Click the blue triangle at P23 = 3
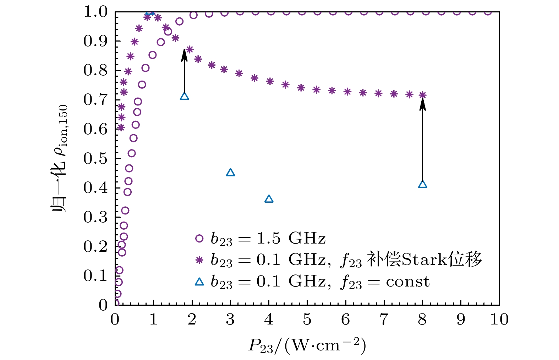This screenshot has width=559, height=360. click(230, 173)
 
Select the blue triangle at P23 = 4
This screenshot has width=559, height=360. click(269, 199)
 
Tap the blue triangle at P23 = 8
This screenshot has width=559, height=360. click(422, 184)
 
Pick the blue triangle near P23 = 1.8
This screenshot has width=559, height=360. click(184, 96)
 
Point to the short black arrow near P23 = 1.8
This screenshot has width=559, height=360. click(184, 71)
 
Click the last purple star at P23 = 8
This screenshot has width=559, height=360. click(422, 95)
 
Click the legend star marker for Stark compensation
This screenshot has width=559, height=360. click(199, 260)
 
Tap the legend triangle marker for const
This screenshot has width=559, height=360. click(199, 282)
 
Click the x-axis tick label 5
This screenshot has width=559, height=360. click(307, 320)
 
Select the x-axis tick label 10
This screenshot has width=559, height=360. click(499, 320)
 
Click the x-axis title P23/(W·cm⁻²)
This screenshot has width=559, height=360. click(307, 345)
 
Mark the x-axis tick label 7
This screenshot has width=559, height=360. click(384, 320)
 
